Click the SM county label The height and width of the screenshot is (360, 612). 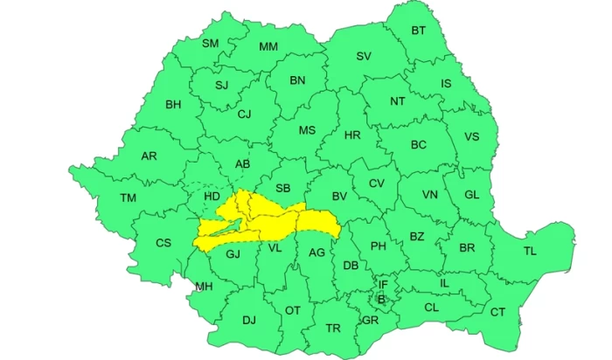(x=211, y=44)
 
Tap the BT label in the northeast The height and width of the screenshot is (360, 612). (x=419, y=31)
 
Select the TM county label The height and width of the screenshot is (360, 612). (x=128, y=198)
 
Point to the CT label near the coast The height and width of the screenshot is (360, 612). (x=497, y=312)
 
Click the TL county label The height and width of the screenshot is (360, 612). (x=530, y=251)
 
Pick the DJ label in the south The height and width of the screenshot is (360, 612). (x=249, y=322)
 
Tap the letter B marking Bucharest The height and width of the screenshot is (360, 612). (x=380, y=300)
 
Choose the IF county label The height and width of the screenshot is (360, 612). (x=382, y=284)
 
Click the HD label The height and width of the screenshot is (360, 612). (x=212, y=197)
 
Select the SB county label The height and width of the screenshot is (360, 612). (x=282, y=188)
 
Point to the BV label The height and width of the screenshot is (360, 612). (x=339, y=197)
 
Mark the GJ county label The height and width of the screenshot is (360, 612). (x=233, y=254)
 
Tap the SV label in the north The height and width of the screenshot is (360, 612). (x=364, y=56)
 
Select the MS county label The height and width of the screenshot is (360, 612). (x=307, y=130)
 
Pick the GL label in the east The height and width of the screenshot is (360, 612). (x=471, y=195)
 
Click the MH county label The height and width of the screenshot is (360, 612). (x=204, y=287)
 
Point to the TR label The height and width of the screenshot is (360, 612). (x=332, y=328)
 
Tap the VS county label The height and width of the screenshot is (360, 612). (x=471, y=137)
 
